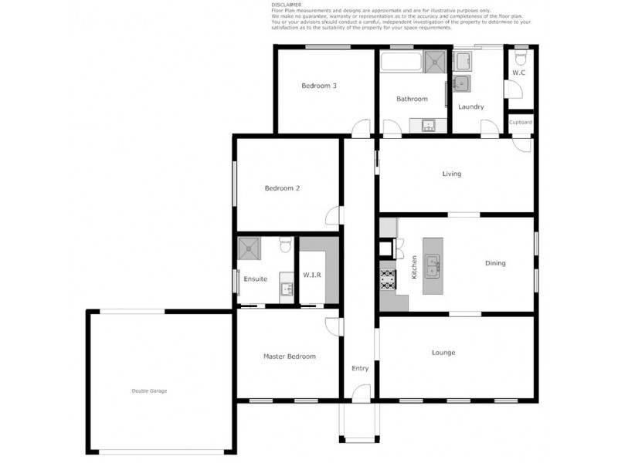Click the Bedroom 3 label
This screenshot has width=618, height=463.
point(318,86)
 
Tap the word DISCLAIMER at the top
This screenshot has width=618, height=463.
point(287,5)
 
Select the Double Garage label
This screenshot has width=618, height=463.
point(148,391)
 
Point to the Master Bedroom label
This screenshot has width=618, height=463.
point(289,357)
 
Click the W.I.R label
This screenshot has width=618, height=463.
point(312,275)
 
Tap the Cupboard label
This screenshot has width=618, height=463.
point(520,123)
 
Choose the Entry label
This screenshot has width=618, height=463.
point(360,369)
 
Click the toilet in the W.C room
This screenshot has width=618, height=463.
point(520,58)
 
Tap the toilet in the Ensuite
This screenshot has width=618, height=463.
point(284,245)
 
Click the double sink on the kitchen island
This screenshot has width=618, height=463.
point(433,265)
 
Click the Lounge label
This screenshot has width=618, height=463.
point(443,353)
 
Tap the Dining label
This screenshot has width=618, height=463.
point(495,263)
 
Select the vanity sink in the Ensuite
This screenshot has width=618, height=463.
point(285,289)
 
